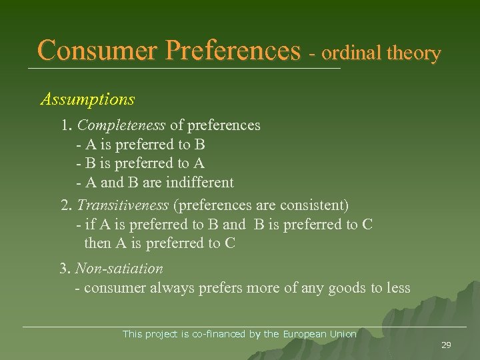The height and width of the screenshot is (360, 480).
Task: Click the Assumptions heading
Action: [87, 100]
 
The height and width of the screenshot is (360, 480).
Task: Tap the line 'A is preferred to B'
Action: [141, 144]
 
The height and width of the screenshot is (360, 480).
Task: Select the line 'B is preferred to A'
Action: [141, 163]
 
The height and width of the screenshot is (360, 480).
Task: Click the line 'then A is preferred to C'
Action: [160, 243]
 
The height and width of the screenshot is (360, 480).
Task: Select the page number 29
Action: [446, 345]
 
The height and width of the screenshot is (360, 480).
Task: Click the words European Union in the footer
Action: [320, 334]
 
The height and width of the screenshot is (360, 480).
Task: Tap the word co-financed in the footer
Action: [219, 334]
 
